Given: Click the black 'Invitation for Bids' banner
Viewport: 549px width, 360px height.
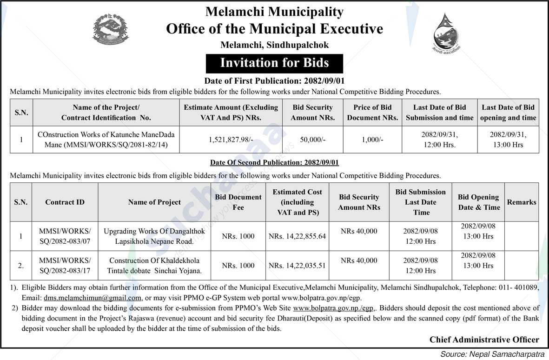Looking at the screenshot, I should [x=274, y=63].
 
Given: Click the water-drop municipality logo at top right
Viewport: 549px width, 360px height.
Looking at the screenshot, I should [x=445, y=33].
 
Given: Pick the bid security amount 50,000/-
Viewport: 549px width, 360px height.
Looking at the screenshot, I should [x=312, y=140].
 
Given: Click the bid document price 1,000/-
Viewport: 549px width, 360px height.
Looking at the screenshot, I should [x=372, y=140].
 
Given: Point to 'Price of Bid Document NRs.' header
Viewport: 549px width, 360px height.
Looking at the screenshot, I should [x=372, y=113].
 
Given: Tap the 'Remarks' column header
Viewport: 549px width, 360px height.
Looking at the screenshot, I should [x=521, y=202].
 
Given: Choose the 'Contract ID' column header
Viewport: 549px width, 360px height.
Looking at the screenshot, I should [x=65, y=202].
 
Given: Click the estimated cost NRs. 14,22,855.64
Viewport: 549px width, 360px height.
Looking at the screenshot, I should [x=297, y=236].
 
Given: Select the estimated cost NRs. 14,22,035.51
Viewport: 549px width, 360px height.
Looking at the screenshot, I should [x=297, y=266].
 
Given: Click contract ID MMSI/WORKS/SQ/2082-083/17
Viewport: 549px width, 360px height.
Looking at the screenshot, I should [x=65, y=266].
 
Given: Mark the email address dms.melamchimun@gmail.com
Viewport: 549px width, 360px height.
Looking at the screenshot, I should [x=93, y=298].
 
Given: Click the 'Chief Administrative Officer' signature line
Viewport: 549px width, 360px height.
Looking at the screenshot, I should [x=484, y=340].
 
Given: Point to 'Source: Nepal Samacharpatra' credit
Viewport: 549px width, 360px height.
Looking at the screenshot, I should [x=492, y=354].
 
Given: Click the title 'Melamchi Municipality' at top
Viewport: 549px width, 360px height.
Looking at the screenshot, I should [x=274, y=12].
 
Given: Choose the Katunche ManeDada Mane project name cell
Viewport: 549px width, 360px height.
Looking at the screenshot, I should [x=106, y=140].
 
